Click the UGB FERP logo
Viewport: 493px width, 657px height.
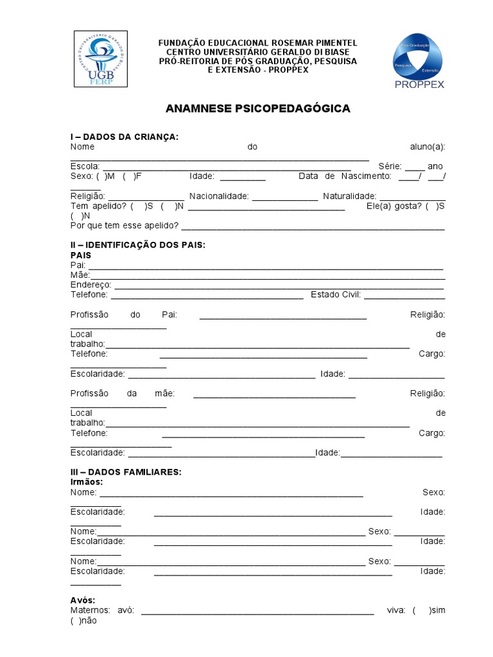[99, 59]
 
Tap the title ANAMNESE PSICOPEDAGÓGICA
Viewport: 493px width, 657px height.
[258, 108]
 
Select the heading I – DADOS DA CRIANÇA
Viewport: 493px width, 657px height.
[125, 137]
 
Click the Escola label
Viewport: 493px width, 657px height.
[85, 166]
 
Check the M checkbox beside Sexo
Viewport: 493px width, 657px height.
[99, 176]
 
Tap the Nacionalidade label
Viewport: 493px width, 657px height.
[218, 196]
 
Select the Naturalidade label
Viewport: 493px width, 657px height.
[349, 196]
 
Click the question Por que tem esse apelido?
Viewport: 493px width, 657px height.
[125, 226]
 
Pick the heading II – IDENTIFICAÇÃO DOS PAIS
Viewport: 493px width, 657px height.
[138, 246]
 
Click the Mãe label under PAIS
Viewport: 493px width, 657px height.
[80, 275]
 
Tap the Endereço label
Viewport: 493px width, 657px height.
[91, 285]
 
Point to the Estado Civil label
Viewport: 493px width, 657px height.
[336, 295]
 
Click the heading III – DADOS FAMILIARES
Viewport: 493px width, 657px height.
[126, 472]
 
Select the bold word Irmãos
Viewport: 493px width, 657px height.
[87, 482]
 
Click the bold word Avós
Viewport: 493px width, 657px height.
[83, 601]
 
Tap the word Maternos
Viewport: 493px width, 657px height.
[90, 610]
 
